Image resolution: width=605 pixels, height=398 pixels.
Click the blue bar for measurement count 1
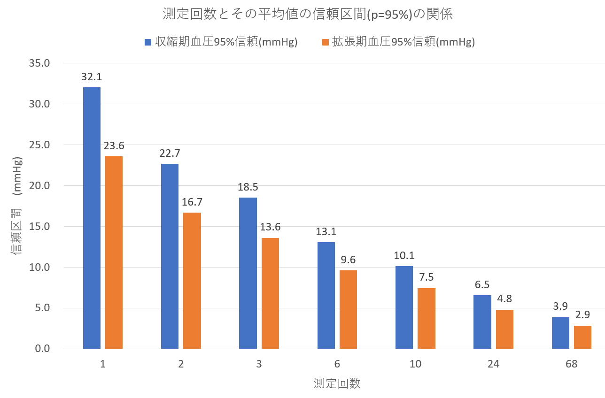(92, 218)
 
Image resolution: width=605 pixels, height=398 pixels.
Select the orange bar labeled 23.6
(114, 253)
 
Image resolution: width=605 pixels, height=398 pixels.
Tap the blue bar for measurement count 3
(248, 273)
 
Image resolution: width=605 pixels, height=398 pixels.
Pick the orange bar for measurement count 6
(348, 309)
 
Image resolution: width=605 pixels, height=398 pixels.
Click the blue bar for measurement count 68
(560, 333)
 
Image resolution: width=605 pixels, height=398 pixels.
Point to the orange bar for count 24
(504, 329)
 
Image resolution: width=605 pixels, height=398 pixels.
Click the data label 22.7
(170, 153)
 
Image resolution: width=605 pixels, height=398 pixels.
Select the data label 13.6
(270, 227)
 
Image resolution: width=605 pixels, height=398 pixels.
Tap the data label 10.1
(404, 256)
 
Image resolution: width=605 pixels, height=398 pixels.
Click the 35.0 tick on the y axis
(39, 63)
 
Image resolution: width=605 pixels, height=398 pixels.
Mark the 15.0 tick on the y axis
(39, 226)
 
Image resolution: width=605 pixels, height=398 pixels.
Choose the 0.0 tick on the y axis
(42, 349)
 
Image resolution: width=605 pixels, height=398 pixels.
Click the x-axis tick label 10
(415, 364)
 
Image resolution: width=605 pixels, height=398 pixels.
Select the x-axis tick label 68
(571, 364)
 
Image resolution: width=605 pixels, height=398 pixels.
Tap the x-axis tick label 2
(181, 364)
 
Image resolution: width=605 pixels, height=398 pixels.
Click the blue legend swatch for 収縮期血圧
(148, 42)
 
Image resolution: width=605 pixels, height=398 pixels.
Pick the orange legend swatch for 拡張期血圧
(325, 42)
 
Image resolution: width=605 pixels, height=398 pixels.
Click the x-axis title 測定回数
(337, 383)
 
